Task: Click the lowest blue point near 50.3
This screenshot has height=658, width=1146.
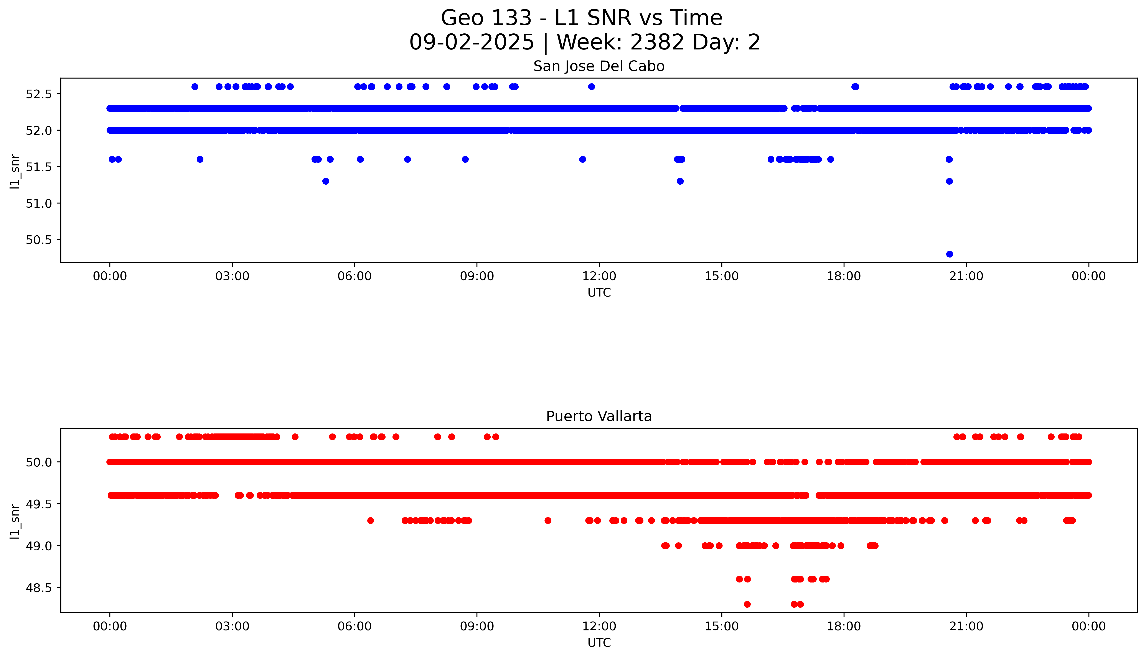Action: point(949,254)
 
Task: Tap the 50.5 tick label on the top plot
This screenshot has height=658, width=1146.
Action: point(39,240)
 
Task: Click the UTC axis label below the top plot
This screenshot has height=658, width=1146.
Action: point(599,293)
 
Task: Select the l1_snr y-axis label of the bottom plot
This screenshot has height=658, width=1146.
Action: point(15,521)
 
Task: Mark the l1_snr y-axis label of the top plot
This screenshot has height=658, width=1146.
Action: point(15,171)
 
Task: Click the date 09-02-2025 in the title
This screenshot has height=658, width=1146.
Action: point(472,43)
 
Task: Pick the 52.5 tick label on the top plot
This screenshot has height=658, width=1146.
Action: point(39,94)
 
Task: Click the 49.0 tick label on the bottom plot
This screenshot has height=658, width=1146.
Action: point(39,546)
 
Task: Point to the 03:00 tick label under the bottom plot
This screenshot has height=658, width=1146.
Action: point(232,626)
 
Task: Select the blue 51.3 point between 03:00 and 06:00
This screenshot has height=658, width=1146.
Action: point(325,181)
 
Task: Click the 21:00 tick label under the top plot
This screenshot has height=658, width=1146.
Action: point(966,276)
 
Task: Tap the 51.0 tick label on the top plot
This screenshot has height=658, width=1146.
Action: point(39,203)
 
